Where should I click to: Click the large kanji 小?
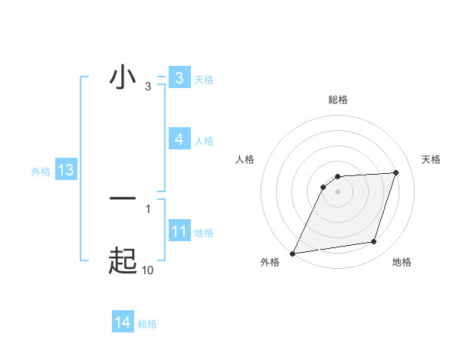[123, 77]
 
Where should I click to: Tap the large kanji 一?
[123, 198]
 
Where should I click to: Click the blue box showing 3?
[179, 78]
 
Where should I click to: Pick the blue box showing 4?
[179, 139]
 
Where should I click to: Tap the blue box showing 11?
[179, 231]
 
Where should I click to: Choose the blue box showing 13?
[65, 170]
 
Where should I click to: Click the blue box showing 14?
[123, 322]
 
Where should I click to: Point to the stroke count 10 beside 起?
[147, 270]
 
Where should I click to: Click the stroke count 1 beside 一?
[148, 208]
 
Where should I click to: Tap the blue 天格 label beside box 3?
[204, 80]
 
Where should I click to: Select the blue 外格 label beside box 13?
[41, 172]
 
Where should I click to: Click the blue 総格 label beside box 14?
[147, 324]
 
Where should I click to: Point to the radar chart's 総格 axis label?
[338, 100]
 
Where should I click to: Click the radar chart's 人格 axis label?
[245, 159]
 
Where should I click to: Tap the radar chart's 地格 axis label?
[402, 263]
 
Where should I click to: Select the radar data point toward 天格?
[396, 172]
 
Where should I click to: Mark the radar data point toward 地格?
[374, 242]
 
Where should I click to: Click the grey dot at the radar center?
[337, 191]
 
